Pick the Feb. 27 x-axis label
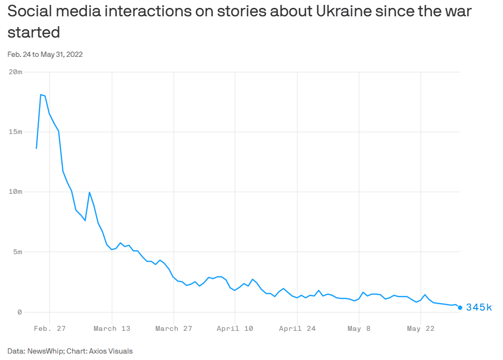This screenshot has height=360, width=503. (50, 328)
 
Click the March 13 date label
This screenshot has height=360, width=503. (112, 328)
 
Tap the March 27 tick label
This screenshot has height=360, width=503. (173, 328)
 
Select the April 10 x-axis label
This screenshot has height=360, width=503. (235, 328)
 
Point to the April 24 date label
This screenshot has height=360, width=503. (297, 328)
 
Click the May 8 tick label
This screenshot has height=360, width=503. (359, 328)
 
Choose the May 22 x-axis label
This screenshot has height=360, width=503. (420, 328)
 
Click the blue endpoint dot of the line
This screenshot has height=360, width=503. (460, 308)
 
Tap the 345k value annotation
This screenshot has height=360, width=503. (479, 308)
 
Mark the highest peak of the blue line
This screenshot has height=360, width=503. (41, 94)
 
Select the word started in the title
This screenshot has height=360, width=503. (34, 33)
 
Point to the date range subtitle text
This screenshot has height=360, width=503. (45, 54)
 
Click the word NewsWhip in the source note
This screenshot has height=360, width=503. (44, 351)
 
